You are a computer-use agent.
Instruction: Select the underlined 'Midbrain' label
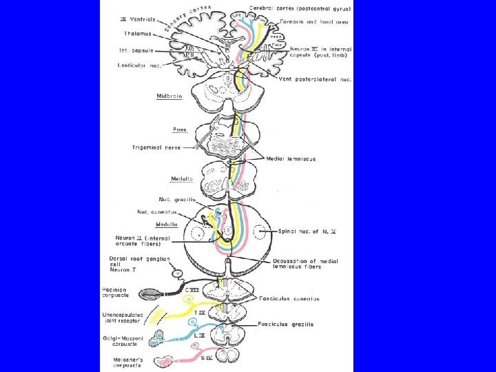click(169, 97)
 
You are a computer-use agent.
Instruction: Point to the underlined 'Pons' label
click(179, 130)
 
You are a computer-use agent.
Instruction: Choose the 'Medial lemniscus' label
click(291, 159)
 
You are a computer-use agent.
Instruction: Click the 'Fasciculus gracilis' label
click(286, 324)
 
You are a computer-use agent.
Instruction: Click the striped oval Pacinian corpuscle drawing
click(151, 295)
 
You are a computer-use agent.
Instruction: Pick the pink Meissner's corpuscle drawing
click(166, 361)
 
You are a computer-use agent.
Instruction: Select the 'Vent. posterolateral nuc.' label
click(316, 79)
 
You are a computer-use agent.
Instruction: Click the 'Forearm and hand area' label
click(318, 22)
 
